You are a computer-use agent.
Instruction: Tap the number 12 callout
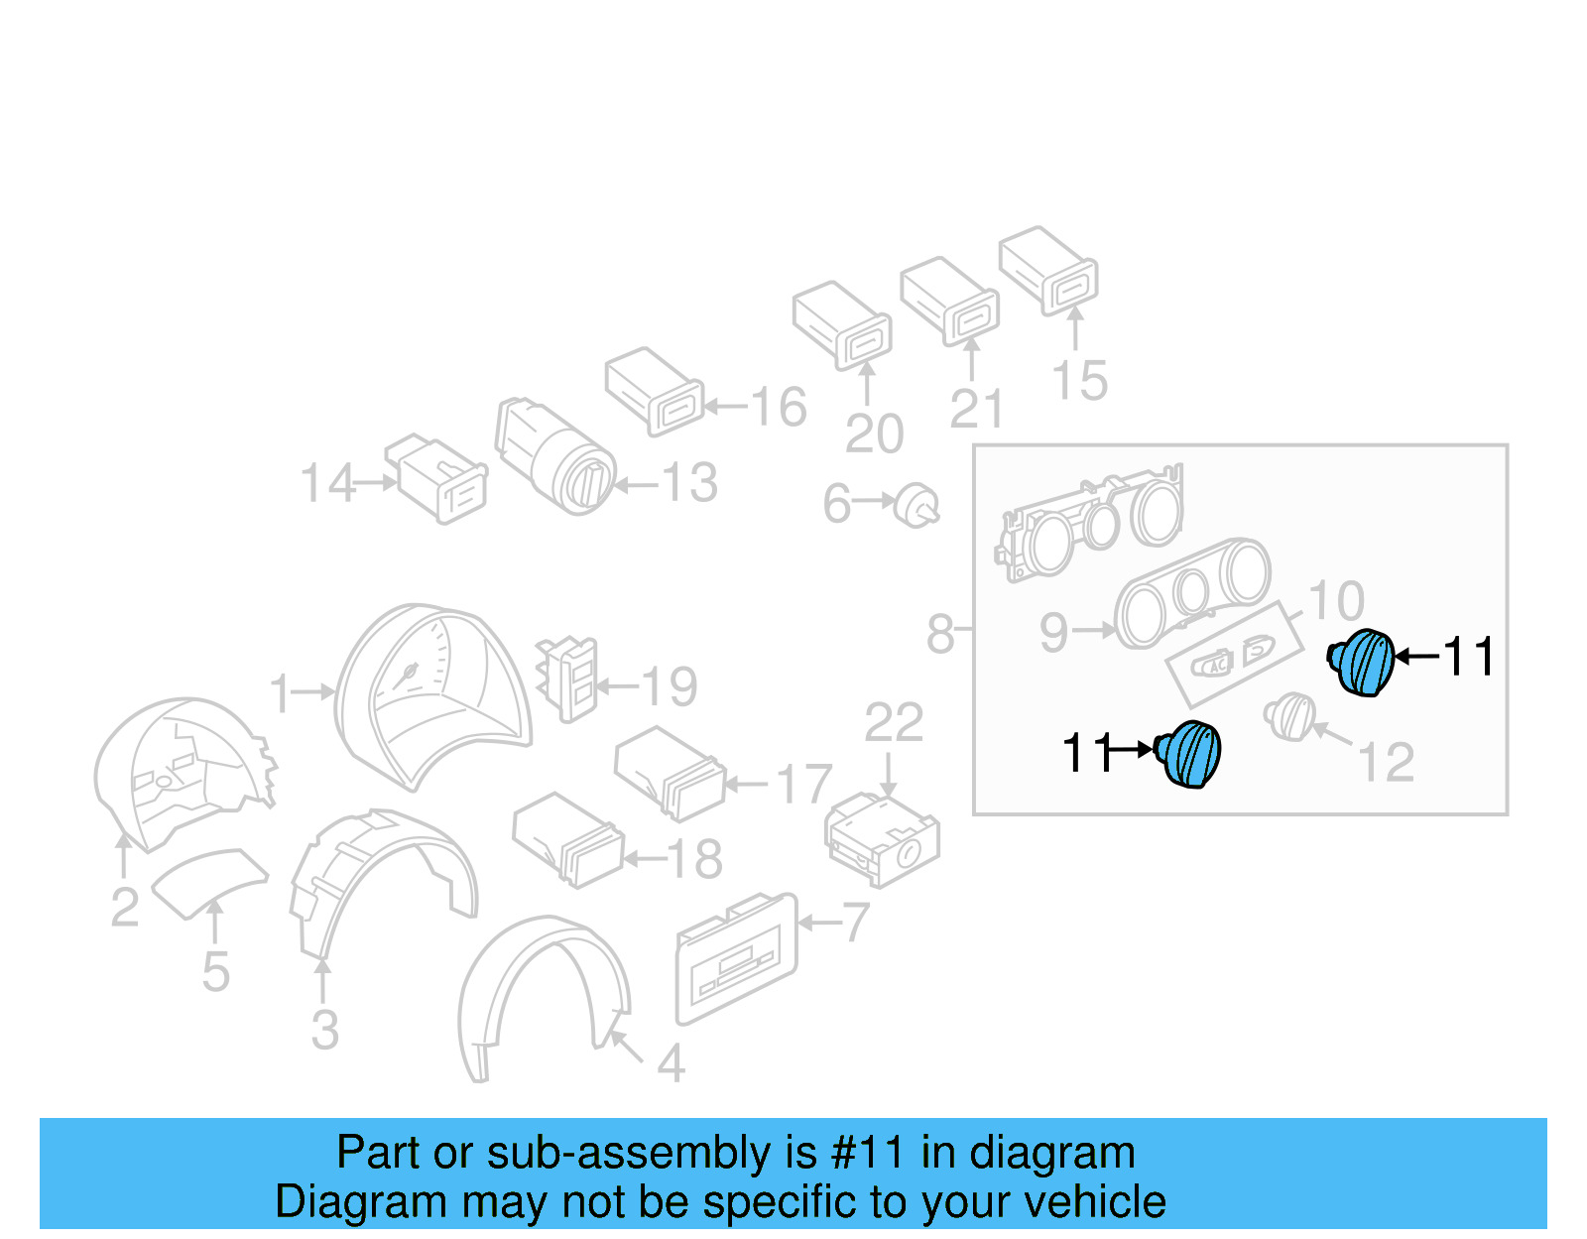(x=1385, y=763)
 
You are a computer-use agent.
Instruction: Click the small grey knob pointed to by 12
(x=1290, y=716)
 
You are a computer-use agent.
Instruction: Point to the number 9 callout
(x=1053, y=632)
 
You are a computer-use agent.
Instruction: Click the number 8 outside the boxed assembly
(x=939, y=634)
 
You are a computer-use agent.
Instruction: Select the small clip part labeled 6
(x=916, y=506)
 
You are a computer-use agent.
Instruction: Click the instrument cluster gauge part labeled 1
(x=431, y=694)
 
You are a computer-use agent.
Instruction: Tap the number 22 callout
(x=893, y=722)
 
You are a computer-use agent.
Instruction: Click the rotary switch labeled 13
(x=555, y=456)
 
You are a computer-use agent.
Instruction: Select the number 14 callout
(x=327, y=483)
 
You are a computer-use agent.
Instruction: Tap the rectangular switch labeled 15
(x=1048, y=269)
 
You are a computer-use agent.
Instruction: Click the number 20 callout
(x=874, y=434)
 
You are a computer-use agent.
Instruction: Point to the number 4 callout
(x=671, y=1064)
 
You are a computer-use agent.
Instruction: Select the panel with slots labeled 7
(x=736, y=957)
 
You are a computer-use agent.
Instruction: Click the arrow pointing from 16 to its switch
(x=725, y=406)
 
